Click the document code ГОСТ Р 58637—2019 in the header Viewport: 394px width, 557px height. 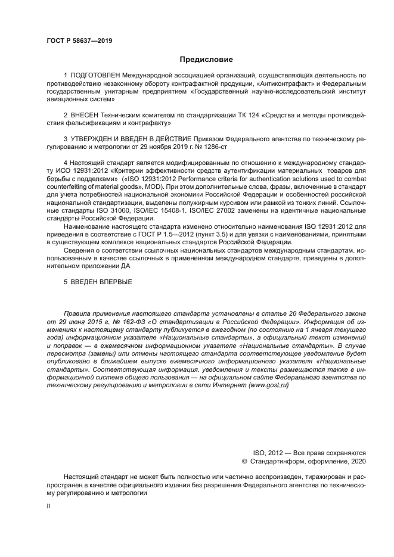(x=79, y=41)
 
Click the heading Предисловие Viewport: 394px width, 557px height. (x=206, y=60)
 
